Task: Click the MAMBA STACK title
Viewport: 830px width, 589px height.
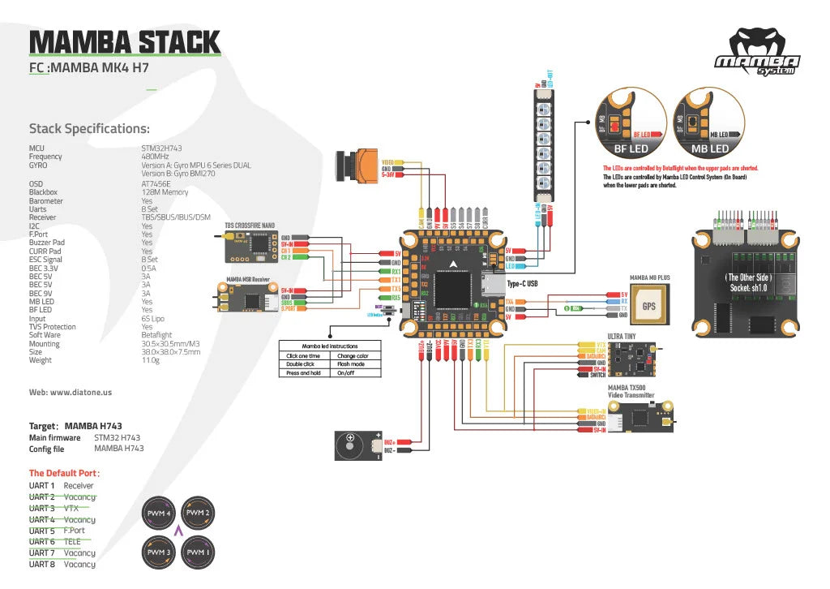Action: click(124, 41)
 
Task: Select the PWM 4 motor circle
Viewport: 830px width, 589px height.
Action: click(159, 514)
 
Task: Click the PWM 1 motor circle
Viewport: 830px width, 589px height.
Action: click(199, 552)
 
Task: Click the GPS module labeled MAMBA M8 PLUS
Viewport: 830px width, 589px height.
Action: click(649, 306)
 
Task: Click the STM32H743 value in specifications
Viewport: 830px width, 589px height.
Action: click(161, 148)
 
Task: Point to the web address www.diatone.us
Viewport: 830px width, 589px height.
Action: click(70, 392)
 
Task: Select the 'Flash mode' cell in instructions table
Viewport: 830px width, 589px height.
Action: click(353, 364)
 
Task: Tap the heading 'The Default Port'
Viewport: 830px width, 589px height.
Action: click(65, 473)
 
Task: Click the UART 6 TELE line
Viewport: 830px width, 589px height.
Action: click(61, 541)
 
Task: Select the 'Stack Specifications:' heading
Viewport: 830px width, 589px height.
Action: click(89, 128)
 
